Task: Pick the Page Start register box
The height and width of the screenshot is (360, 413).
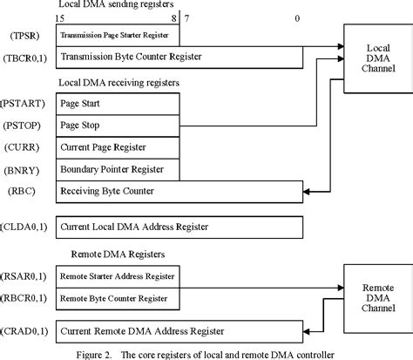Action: [118, 103]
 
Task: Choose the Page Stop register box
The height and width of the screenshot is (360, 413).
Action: [118, 125]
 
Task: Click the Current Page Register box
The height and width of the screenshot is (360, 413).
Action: [118, 146]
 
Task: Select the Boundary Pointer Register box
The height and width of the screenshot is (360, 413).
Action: [118, 168]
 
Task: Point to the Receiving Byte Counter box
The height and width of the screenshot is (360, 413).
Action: [179, 190]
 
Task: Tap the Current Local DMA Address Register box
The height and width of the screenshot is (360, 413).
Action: [179, 227]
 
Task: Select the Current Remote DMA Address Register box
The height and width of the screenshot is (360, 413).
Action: [179, 331]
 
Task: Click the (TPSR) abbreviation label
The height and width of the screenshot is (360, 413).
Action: [24, 37]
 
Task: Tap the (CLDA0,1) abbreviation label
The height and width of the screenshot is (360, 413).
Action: [26, 227]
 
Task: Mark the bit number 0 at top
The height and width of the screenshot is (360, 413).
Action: [298, 18]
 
